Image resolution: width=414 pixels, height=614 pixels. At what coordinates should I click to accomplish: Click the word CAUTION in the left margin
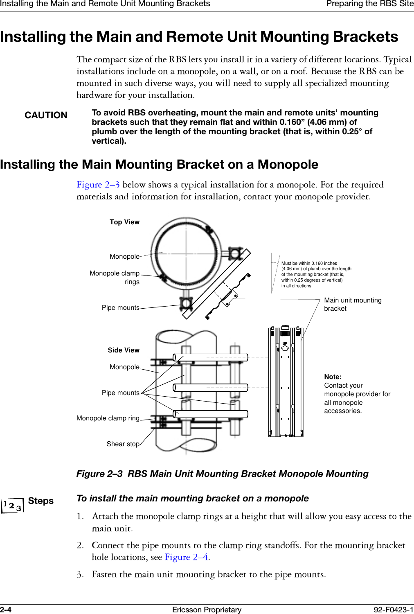click(x=46, y=115)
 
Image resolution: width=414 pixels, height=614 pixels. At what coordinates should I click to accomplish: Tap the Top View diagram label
click(x=124, y=222)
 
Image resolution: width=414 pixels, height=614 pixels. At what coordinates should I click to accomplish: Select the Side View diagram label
click(x=124, y=350)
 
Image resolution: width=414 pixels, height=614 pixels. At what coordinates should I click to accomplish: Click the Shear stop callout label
click(x=123, y=444)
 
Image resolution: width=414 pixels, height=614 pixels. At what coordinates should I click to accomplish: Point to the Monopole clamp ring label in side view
click(x=108, y=418)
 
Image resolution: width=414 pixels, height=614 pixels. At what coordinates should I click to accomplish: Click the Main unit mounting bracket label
click(x=352, y=305)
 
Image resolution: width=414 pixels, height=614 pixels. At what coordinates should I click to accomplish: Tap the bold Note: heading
click(x=333, y=377)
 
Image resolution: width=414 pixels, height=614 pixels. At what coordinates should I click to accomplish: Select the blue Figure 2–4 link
click(x=187, y=558)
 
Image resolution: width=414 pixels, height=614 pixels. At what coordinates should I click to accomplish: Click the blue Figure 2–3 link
click(x=98, y=185)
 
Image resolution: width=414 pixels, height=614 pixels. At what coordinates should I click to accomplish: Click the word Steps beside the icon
click(x=41, y=501)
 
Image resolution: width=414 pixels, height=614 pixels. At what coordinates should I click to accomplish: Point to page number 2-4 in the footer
click(x=6, y=610)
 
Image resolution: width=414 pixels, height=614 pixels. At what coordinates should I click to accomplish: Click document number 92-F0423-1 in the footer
click(x=394, y=610)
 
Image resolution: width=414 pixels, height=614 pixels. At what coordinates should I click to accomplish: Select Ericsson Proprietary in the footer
click(x=207, y=610)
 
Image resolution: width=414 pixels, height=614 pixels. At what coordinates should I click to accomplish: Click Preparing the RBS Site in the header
click(x=370, y=4)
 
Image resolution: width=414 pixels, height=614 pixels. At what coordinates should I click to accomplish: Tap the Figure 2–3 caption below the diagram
click(x=222, y=474)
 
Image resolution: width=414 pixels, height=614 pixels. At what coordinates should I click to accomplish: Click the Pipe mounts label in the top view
click(x=121, y=308)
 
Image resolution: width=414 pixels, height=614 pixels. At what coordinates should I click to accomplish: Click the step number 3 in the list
click(x=80, y=575)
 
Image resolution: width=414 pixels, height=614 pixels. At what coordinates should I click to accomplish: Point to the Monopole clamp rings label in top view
click(x=115, y=278)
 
